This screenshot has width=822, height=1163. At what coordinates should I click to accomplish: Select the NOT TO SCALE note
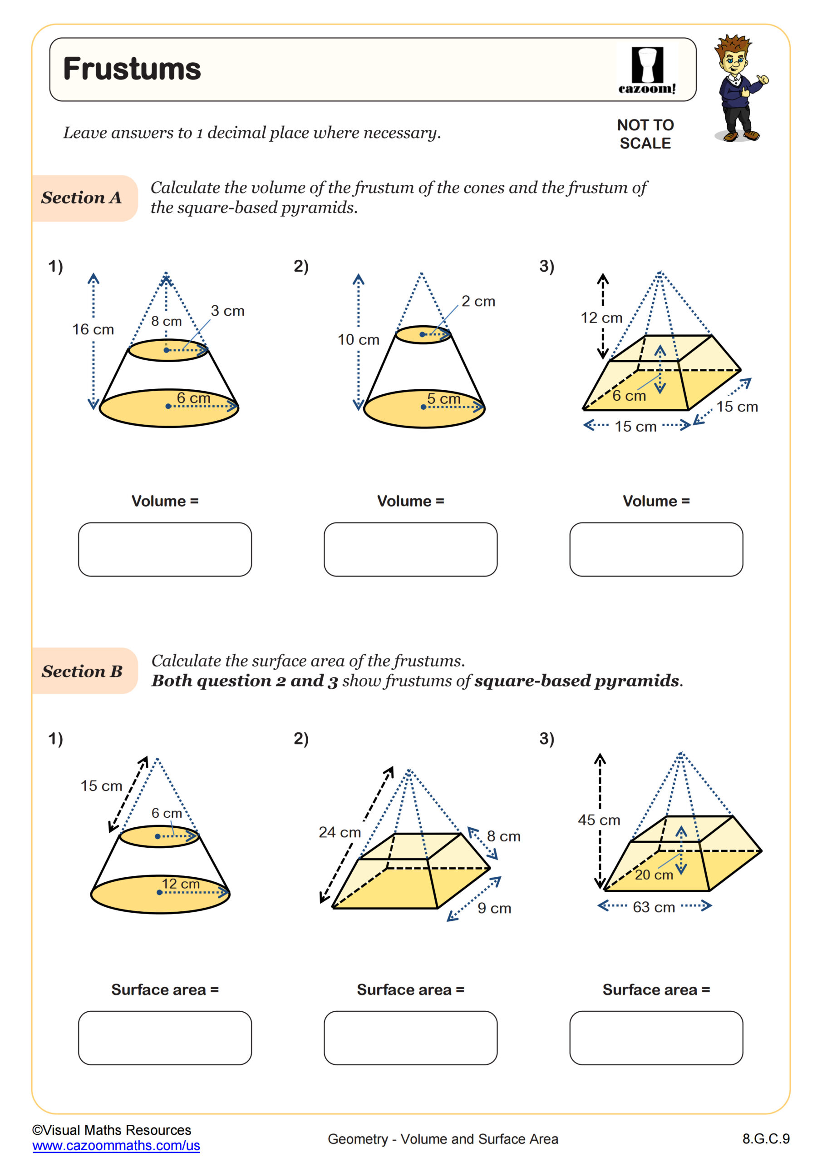[x=645, y=134]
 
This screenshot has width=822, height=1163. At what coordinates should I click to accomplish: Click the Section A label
[x=82, y=198]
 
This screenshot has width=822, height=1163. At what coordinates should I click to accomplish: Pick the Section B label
[x=82, y=671]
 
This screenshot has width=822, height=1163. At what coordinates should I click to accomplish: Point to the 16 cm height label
[x=93, y=329]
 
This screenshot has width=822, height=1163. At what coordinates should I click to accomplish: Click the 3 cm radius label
[x=227, y=311]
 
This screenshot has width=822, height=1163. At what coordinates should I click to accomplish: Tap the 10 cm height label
[x=359, y=339]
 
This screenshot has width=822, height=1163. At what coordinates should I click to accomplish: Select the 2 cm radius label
[x=478, y=301]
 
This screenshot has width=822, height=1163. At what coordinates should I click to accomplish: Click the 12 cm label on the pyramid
[x=601, y=318]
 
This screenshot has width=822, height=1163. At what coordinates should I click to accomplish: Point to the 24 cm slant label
[x=340, y=832]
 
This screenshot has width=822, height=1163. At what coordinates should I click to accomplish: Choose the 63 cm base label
[x=654, y=907]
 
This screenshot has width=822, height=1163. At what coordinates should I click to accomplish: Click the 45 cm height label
[x=599, y=820]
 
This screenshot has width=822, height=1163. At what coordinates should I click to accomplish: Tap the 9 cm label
[x=494, y=908]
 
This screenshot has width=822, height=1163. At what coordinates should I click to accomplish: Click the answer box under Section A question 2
[x=410, y=549]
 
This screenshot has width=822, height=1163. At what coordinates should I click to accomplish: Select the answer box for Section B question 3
[x=656, y=1038]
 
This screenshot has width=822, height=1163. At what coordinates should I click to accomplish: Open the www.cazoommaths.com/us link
[x=116, y=1146]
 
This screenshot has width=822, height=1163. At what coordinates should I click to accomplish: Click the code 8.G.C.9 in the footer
[x=765, y=1138]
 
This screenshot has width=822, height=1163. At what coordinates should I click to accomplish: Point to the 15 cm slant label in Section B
[x=101, y=785]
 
